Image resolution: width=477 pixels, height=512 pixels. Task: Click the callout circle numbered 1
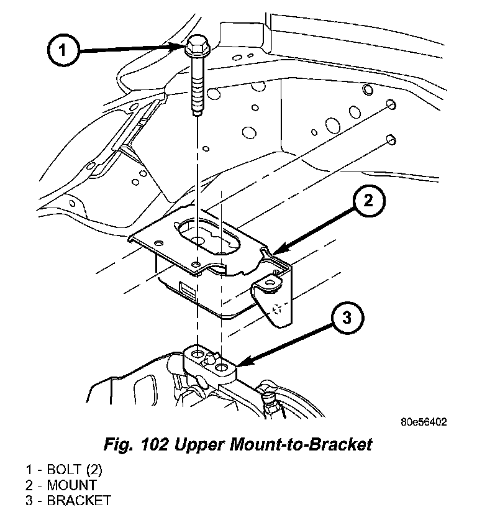[63, 50]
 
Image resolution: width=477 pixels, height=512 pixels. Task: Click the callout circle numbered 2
[368, 201]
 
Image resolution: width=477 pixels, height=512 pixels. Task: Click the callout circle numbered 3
[347, 318]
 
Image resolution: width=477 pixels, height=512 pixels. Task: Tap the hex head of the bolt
[197, 46]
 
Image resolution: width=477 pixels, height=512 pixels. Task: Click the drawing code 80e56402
[424, 422]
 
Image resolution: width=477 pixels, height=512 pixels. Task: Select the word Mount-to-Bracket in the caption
[301, 444]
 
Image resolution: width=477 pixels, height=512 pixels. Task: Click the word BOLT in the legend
[64, 470]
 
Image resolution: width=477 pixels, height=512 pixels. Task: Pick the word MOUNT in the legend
[72, 485]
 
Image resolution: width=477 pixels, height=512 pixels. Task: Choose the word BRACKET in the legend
[79, 501]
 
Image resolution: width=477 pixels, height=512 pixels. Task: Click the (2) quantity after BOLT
[94, 470]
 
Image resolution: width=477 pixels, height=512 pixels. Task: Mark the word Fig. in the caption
[118, 445]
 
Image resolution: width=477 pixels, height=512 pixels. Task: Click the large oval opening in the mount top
[208, 236]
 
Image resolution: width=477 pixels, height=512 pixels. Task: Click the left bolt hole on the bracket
[197, 354]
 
